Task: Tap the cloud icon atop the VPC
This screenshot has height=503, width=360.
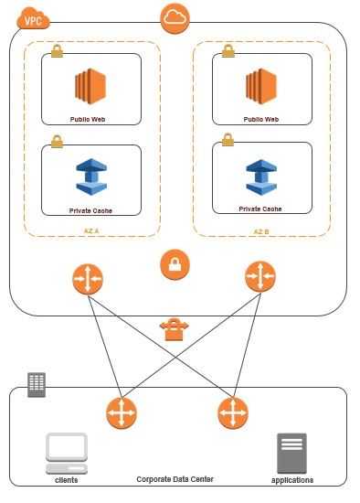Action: click(x=174, y=16)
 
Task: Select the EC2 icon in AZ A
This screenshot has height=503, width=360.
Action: click(x=91, y=88)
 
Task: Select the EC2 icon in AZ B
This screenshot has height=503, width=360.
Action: click(x=261, y=88)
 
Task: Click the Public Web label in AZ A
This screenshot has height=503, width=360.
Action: click(x=91, y=119)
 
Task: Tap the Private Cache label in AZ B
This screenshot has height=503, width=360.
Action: click(x=261, y=209)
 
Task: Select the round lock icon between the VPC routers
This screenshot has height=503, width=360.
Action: click(x=175, y=265)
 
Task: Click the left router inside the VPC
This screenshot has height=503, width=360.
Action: click(x=88, y=278)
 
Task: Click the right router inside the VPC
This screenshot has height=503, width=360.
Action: click(x=260, y=277)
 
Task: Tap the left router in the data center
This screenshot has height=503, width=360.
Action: click(x=121, y=412)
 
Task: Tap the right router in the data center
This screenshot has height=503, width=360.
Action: click(x=233, y=412)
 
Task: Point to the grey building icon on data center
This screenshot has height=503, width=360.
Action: click(x=37, y=384)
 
